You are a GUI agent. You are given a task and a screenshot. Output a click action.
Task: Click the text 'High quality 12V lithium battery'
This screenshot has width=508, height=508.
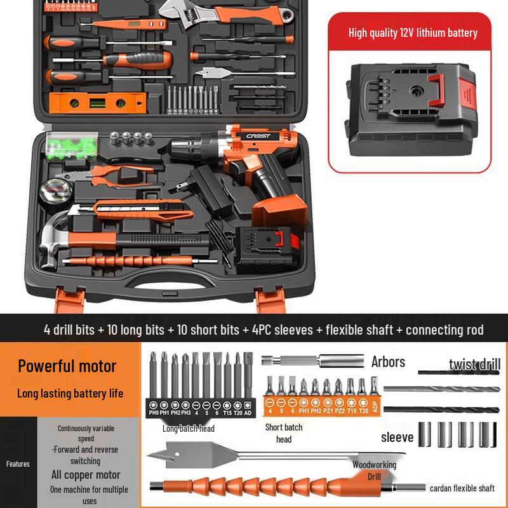(413, 33)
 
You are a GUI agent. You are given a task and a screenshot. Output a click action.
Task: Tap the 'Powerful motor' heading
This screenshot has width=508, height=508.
(67, 366)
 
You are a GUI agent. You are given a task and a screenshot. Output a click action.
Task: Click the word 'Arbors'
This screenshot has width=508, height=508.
(388, 362)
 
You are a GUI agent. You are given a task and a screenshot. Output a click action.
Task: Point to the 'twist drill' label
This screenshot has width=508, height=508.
(474, 364)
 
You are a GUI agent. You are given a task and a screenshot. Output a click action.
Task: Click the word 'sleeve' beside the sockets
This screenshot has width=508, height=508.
(397, 437)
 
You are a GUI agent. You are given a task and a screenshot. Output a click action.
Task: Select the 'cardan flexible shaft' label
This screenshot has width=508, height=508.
(462, 488)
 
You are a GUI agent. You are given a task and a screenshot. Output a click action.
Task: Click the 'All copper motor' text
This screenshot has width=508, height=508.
(86, 474)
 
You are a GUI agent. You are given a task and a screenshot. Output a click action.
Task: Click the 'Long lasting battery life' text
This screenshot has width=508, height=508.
(70, 393)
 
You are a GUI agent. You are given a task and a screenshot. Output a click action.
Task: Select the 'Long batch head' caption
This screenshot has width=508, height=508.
(188, 429)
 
